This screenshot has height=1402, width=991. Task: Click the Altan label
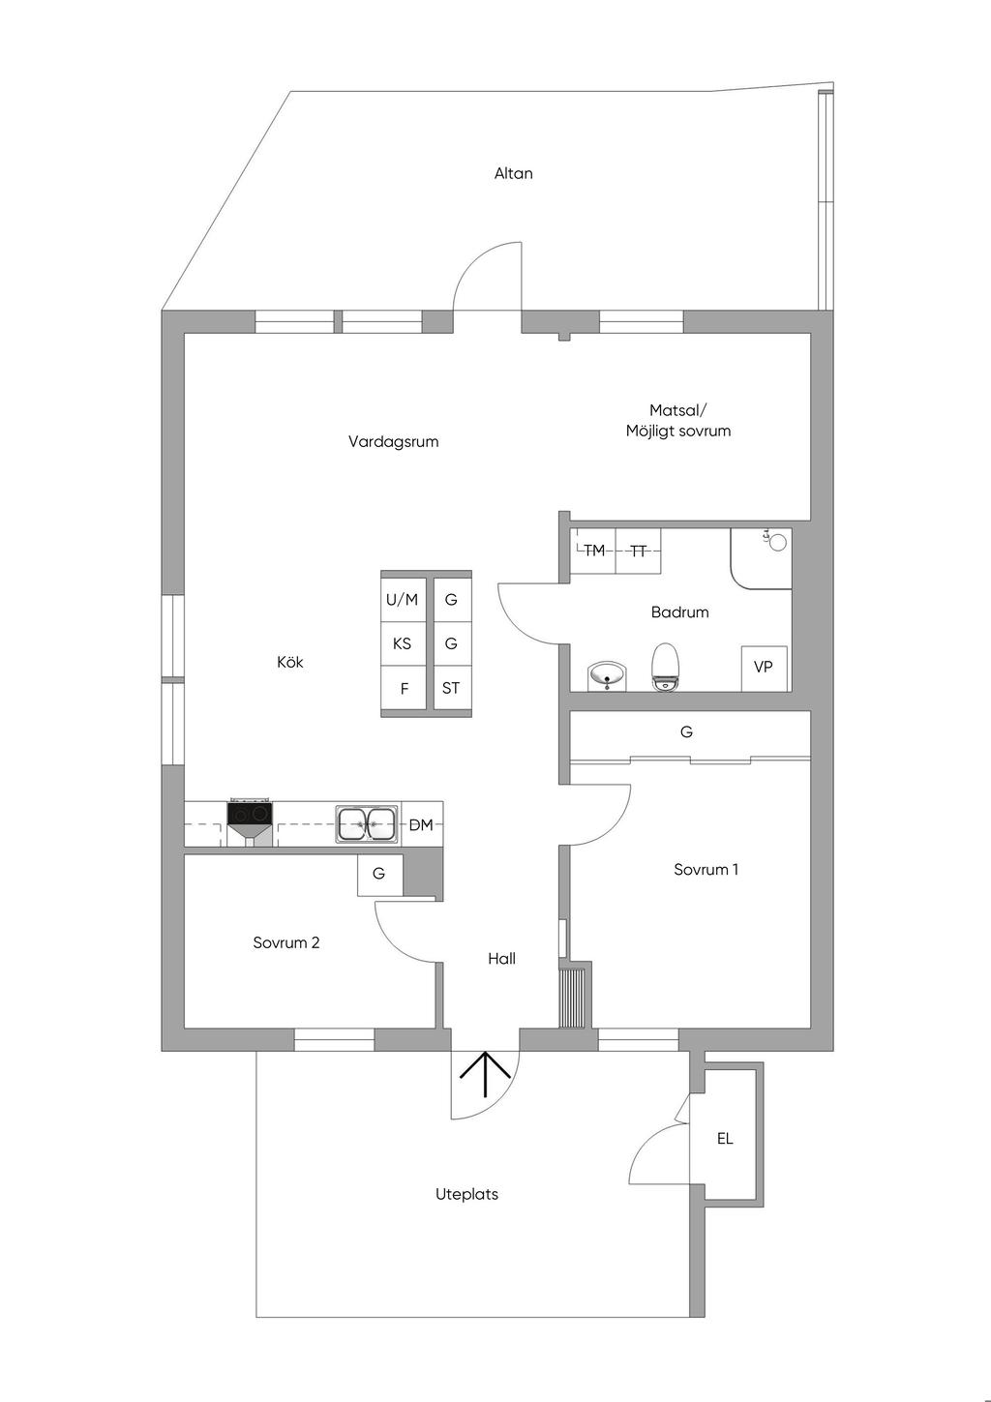[513, 174]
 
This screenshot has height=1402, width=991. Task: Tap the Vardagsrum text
[393, 442]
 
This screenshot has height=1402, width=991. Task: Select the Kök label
[290, 663]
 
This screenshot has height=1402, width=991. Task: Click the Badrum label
[679, 612]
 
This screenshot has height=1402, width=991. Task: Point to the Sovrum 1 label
[706, 870]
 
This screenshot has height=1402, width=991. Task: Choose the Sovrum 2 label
[286, 943]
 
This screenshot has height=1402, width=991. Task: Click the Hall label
[501, 959]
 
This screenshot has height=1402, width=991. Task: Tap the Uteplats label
[466, 1195]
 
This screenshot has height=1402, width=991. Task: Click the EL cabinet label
[725, 1139]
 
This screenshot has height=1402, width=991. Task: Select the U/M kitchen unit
[403, 600]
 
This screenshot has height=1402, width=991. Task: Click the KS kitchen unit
[402, 643]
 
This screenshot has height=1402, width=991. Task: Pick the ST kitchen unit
[451, 689]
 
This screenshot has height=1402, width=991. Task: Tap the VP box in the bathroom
[764, 667]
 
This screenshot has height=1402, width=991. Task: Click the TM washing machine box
[593, 551]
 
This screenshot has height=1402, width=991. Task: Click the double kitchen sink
[367, 824]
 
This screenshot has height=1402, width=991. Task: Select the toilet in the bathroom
[665, 667]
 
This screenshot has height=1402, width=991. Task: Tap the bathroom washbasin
[607, 674]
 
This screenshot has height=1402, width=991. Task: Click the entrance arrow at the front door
[485, 1074]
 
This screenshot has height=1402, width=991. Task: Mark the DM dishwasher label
[421, 825]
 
